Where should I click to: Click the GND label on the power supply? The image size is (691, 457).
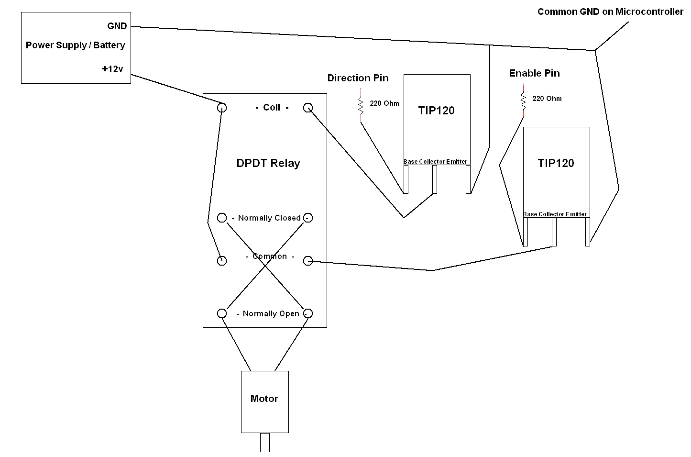(x=117, y=26)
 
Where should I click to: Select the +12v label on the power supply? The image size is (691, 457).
(x=112, y=69)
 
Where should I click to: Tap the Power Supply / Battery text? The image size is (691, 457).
(x=76, y=45)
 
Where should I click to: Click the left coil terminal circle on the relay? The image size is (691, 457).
(x=222, y=108)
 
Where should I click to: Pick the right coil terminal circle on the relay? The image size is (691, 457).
(x=308, y=108)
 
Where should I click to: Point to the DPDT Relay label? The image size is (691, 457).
(x=268, y=163)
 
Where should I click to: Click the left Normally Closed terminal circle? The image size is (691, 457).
(x=222, y=218)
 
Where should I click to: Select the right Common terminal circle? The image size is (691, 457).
(x=308, y=261)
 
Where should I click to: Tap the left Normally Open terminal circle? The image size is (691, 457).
(x=222, y=313)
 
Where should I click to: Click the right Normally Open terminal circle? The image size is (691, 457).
(x=308, y=313)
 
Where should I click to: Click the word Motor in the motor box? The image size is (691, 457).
(x=264, y=399)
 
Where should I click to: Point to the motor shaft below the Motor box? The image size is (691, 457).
(x=265, y=442)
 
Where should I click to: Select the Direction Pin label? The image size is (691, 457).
(x=358, y=78)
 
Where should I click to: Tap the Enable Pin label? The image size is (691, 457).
(x=534, y=73)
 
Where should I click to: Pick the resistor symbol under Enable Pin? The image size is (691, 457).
(x=523, y=100)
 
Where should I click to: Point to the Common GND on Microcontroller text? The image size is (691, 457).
(x=610, y=12)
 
